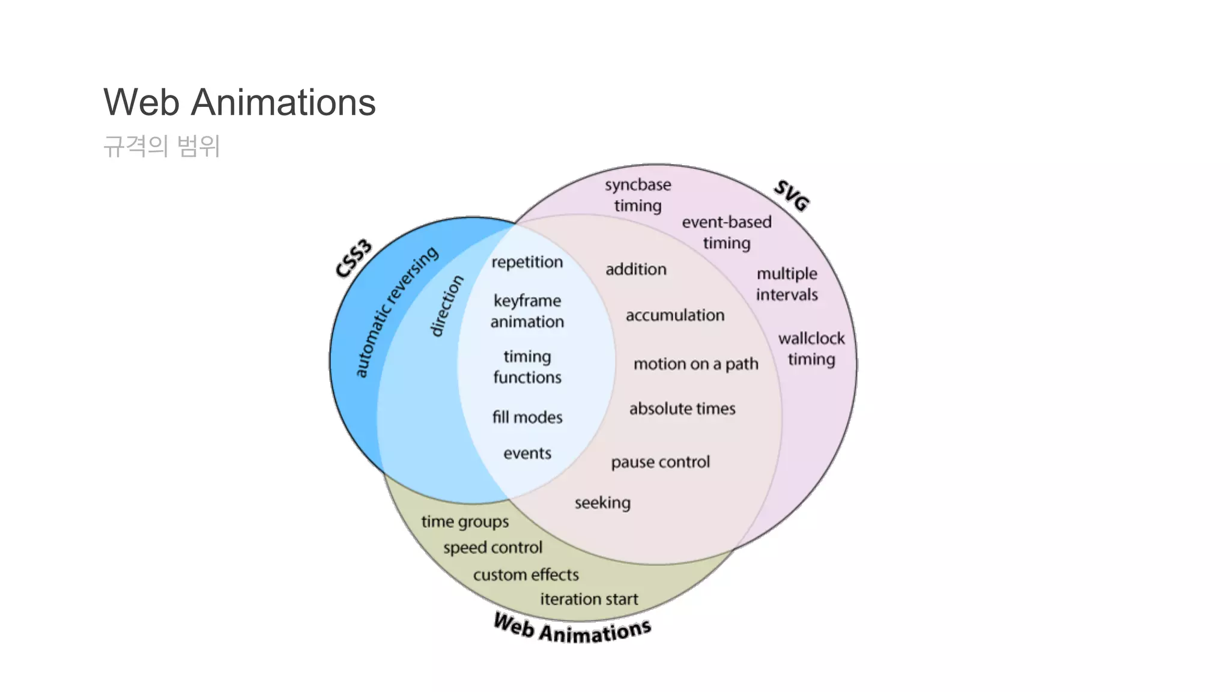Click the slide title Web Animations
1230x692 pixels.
pos(239,102)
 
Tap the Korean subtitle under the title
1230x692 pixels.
pos(162,146)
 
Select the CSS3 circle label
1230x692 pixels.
pos(354,259)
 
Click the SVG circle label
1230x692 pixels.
pos(792,195)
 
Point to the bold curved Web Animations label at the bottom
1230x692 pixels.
pos(572,629)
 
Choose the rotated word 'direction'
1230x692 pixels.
pos(447,306)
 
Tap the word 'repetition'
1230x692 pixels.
pos(527,262)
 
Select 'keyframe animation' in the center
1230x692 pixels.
pos(527,311)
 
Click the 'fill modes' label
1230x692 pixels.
pos(527,417)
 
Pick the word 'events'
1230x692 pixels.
pos(527,453)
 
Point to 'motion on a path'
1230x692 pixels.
pos(695,364)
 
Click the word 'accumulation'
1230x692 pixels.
pos(675,315)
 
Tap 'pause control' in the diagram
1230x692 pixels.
pos(660,462)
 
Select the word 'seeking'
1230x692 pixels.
pos(602,502)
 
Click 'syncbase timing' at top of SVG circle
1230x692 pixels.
pos(638,195)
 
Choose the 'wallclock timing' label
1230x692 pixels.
pos(811,348)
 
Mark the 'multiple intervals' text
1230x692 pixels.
pos(787,284)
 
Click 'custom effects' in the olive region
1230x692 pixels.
pos(526,575)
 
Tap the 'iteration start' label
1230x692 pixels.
pos(589,599)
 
